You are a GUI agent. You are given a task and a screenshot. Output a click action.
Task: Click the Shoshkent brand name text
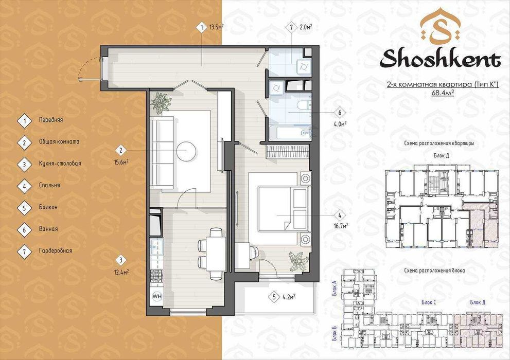441,59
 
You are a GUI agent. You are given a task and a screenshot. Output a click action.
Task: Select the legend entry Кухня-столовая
60,164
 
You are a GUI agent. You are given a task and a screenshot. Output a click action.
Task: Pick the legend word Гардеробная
55,250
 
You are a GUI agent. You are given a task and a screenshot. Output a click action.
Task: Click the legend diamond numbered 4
24,186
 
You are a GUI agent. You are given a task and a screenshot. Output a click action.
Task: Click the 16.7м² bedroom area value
341,225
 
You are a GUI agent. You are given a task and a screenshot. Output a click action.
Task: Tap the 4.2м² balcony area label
289,297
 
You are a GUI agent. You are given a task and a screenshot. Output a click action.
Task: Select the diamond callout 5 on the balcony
274,297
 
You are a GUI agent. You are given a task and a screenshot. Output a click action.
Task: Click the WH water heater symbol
157,296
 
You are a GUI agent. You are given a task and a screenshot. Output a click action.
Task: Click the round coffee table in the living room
187,151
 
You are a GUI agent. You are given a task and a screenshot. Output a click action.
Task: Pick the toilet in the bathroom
305,105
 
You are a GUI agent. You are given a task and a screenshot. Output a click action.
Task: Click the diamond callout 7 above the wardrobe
291,28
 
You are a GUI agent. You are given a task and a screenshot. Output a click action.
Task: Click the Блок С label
429,302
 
